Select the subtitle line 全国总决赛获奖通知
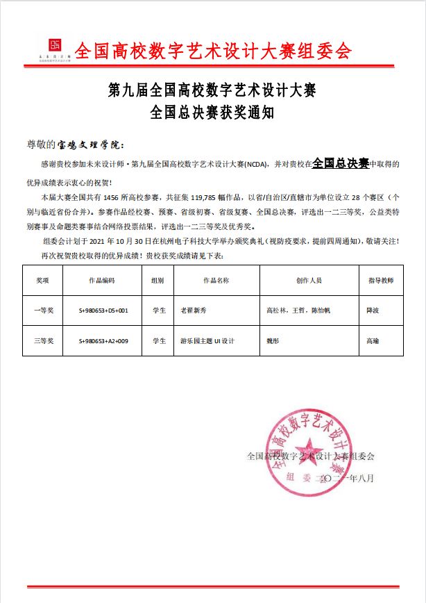213,113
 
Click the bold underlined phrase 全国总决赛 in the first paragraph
340,163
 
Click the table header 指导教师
380,281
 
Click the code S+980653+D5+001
103,312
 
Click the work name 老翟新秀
194,312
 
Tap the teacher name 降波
373,312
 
